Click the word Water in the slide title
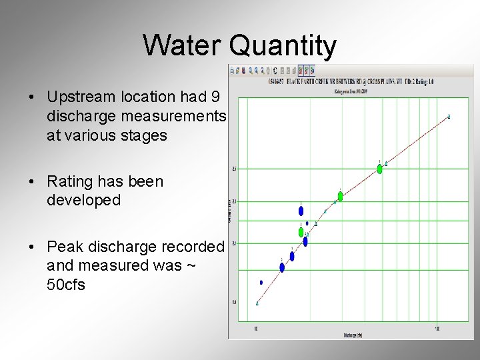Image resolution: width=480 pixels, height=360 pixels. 183,46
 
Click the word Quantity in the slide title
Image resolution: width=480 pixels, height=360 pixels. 283,47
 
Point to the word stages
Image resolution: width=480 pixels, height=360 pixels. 144,135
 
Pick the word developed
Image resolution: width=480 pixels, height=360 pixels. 83,200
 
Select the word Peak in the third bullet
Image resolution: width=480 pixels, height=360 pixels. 64,247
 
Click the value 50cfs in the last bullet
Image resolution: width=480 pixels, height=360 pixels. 66,285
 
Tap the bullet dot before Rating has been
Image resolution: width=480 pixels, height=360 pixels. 32,181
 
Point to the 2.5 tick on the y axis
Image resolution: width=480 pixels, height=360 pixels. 234,169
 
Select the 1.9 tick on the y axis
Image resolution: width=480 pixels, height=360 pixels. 234,302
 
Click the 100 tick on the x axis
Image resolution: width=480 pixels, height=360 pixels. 437,329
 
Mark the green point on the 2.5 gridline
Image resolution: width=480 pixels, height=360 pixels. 380,169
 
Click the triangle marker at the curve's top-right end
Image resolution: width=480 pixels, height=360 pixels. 449,117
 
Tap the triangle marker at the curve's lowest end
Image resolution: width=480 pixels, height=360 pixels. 257,303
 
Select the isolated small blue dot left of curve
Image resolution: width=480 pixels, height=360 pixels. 261,283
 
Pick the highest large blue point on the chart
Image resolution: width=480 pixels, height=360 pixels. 301,211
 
